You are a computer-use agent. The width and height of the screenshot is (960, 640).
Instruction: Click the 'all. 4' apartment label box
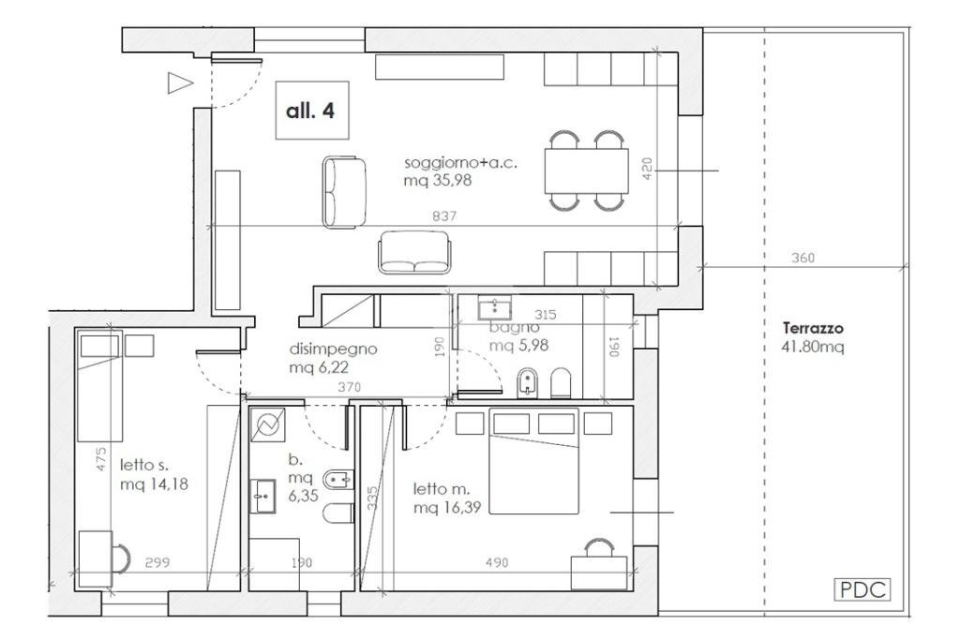[x=311, y=111]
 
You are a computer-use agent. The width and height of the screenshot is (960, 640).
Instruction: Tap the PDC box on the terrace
[x=862, y=589]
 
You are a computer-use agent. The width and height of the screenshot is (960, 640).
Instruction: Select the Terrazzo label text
[x=813, y=328]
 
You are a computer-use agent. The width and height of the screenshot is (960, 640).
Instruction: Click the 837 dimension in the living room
[x=444, y=216]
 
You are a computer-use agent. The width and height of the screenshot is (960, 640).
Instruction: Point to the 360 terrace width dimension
[x=802, y=258]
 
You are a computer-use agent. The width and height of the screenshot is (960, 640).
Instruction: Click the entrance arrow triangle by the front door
[x=180, y=83]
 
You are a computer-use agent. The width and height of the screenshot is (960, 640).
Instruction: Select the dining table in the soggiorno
[x=587, y=171]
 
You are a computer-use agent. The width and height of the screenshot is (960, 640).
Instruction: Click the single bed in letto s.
[x=99, y=387]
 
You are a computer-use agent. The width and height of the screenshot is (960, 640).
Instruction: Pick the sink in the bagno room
[x=495, y=307]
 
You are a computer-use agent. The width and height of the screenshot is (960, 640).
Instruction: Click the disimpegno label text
[x=333, y=350]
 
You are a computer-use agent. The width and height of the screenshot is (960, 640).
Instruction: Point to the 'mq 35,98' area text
[x=438, y=181]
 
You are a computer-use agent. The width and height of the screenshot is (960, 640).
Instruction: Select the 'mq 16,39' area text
[x=447, y=507]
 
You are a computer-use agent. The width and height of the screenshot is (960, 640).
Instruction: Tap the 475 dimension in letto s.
[x=101, y=459]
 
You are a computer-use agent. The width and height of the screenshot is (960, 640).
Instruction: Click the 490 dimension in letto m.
[x=497, y=561]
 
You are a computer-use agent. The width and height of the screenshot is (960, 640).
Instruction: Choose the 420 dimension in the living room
[x=647, y=169]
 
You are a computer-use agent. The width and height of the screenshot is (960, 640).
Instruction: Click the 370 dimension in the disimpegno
[x=349, y=387]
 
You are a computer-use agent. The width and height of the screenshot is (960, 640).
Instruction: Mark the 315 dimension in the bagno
[x=545, y=315]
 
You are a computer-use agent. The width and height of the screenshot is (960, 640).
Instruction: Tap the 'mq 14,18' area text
[x=155, y=484]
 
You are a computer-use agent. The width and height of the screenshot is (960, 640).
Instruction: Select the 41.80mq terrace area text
[x=813, y=347]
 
